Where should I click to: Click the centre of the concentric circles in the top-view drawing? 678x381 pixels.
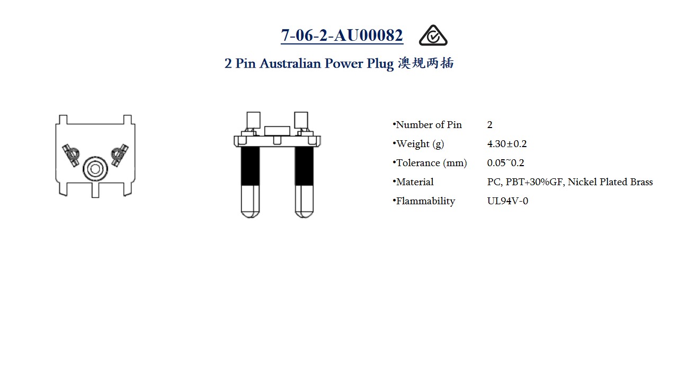95,169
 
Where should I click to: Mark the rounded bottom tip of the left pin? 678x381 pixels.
251,217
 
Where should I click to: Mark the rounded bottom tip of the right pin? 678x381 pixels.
304,217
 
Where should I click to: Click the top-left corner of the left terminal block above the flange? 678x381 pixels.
247,112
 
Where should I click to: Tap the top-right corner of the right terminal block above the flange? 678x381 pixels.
308,112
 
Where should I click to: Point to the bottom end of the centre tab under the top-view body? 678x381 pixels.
95,198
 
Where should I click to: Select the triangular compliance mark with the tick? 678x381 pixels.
433,35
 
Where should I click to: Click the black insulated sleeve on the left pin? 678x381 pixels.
251,166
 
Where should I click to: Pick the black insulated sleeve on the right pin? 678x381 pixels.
304,166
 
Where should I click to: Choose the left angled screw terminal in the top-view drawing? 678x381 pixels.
71,155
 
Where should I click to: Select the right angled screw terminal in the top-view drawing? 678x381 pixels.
120,155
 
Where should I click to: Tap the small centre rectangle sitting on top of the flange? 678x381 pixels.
277,131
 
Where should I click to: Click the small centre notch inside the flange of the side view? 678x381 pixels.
277,140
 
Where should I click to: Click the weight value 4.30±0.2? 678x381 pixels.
507,143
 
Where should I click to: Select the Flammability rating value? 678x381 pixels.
507,201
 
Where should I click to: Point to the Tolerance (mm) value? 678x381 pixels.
505,162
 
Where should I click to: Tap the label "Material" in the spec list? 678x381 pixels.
415,182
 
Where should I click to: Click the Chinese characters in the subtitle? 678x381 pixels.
426,63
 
